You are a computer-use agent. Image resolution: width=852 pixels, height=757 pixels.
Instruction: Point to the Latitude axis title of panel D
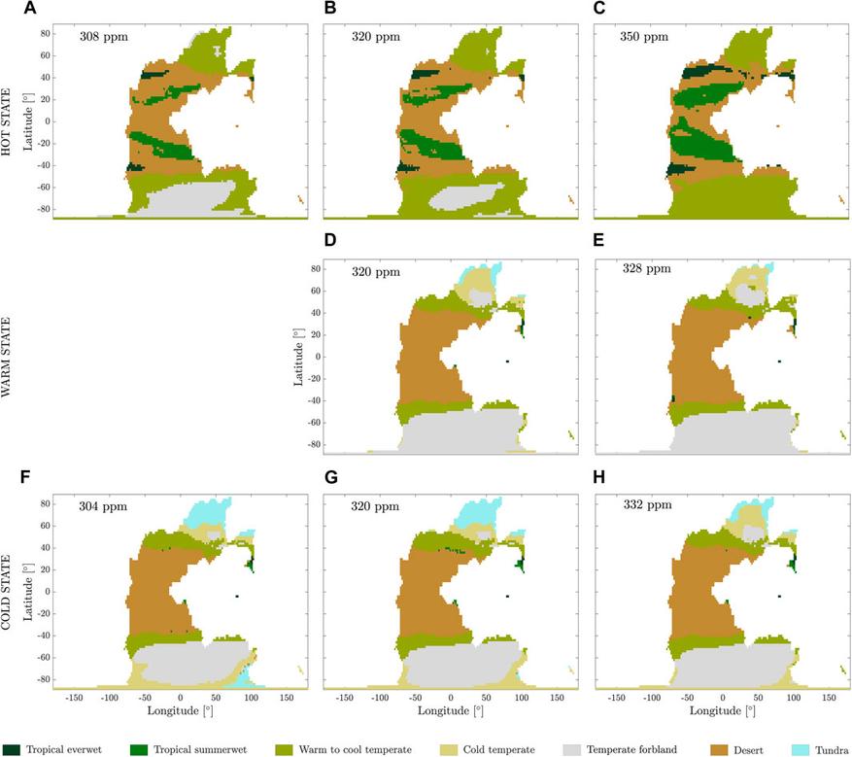point(297,354)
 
